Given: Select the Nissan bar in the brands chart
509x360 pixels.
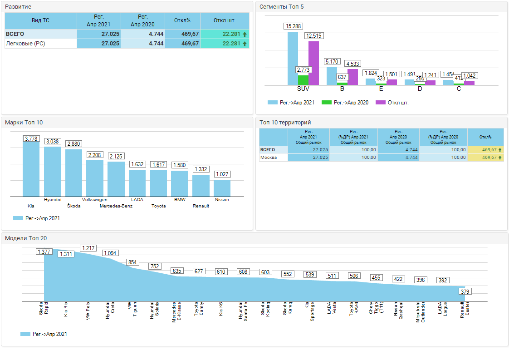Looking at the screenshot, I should pos(222,188).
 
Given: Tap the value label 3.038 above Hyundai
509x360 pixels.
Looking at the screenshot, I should pos(53,142).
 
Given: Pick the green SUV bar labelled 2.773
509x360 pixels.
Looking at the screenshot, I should pos(303,80).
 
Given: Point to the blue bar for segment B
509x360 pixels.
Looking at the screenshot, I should pos(332,76).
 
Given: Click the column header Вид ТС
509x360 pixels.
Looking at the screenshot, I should pos(40,20).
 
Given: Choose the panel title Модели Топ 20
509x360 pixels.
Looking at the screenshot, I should pos(26,238).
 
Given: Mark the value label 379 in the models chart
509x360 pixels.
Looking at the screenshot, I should pos(465,291).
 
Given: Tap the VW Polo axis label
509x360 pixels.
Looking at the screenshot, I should pos(88,311).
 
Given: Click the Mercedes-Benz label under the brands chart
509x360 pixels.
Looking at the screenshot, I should pos(116,206).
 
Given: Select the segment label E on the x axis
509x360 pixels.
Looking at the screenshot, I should pos(381,89).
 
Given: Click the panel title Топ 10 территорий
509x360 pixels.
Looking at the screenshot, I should pos(285,123).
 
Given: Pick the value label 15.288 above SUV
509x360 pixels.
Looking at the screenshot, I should pos(293,26).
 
